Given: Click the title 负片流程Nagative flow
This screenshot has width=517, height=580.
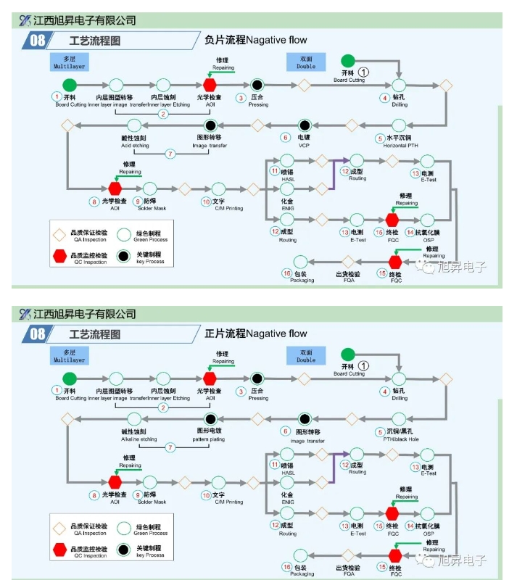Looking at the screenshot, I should coord(256,40).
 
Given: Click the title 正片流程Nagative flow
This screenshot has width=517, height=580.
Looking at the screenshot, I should coord(256,333).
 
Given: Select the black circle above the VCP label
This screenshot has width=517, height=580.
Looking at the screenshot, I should coord(304,125).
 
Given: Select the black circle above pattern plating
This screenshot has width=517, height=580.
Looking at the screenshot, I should coord(210,419).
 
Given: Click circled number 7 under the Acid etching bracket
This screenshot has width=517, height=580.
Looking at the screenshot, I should coord(170,154).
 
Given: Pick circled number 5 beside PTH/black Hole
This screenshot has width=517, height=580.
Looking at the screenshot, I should coord(379,431).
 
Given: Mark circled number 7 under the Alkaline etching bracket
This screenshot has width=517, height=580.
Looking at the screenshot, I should coord(170,447).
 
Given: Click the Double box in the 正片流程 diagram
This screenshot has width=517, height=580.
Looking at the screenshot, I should coord(306,355).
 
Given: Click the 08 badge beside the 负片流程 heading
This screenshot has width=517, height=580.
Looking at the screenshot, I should coord(37,41).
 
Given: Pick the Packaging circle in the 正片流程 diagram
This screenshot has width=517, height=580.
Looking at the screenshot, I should coord(300,556).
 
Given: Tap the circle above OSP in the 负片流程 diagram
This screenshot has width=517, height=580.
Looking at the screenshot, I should coord(428,220).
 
